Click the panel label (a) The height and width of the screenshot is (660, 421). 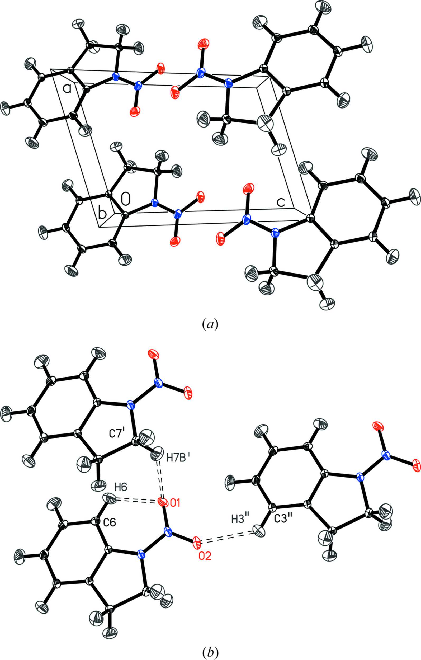[210, 324]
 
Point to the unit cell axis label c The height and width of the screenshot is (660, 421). [280, 202]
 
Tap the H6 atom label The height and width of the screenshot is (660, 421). [121, 487]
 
